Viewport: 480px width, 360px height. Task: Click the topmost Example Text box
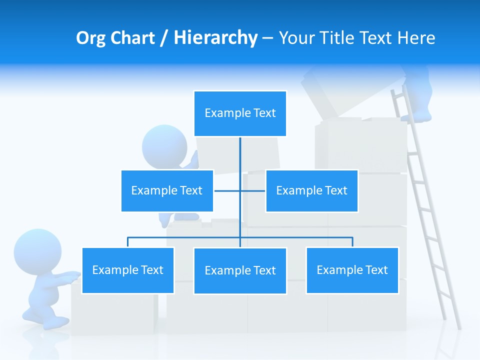point(240,113)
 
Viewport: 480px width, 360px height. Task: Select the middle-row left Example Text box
point(167,190)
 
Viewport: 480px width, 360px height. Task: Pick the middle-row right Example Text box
point(311,190)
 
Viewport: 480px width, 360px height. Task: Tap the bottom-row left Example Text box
point(128,270)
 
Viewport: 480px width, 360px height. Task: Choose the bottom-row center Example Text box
point(240,270)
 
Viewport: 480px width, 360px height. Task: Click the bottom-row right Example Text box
point(352,270)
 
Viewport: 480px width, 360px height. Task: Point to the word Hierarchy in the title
point(215,38)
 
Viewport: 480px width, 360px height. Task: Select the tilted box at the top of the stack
point(330,95)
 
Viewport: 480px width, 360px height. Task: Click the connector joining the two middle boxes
point(239,190)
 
